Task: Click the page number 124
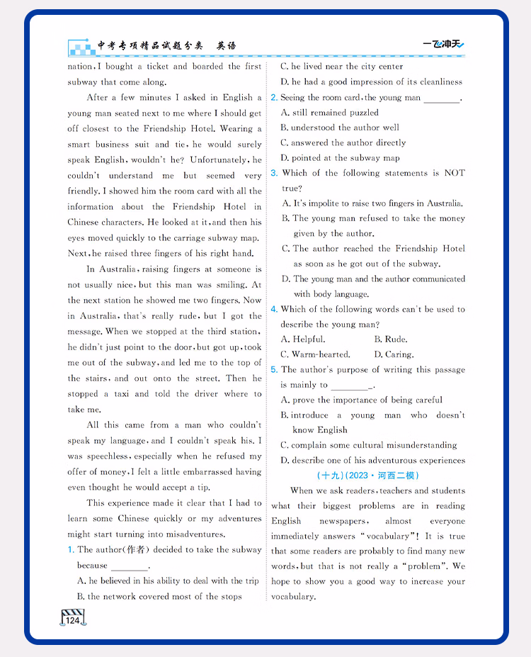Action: tap(74, 620)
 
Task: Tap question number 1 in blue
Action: tap(71, 550)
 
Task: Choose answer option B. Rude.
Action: tap(390, 339)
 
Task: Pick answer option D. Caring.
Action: tap(394, 354)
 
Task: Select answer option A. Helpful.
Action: tap(303, 339)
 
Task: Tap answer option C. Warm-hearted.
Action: tap(315, 354)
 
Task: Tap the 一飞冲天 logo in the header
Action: tap(443, 45)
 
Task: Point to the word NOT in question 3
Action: tap(454, 173)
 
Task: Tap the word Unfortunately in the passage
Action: tap(219, 160)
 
